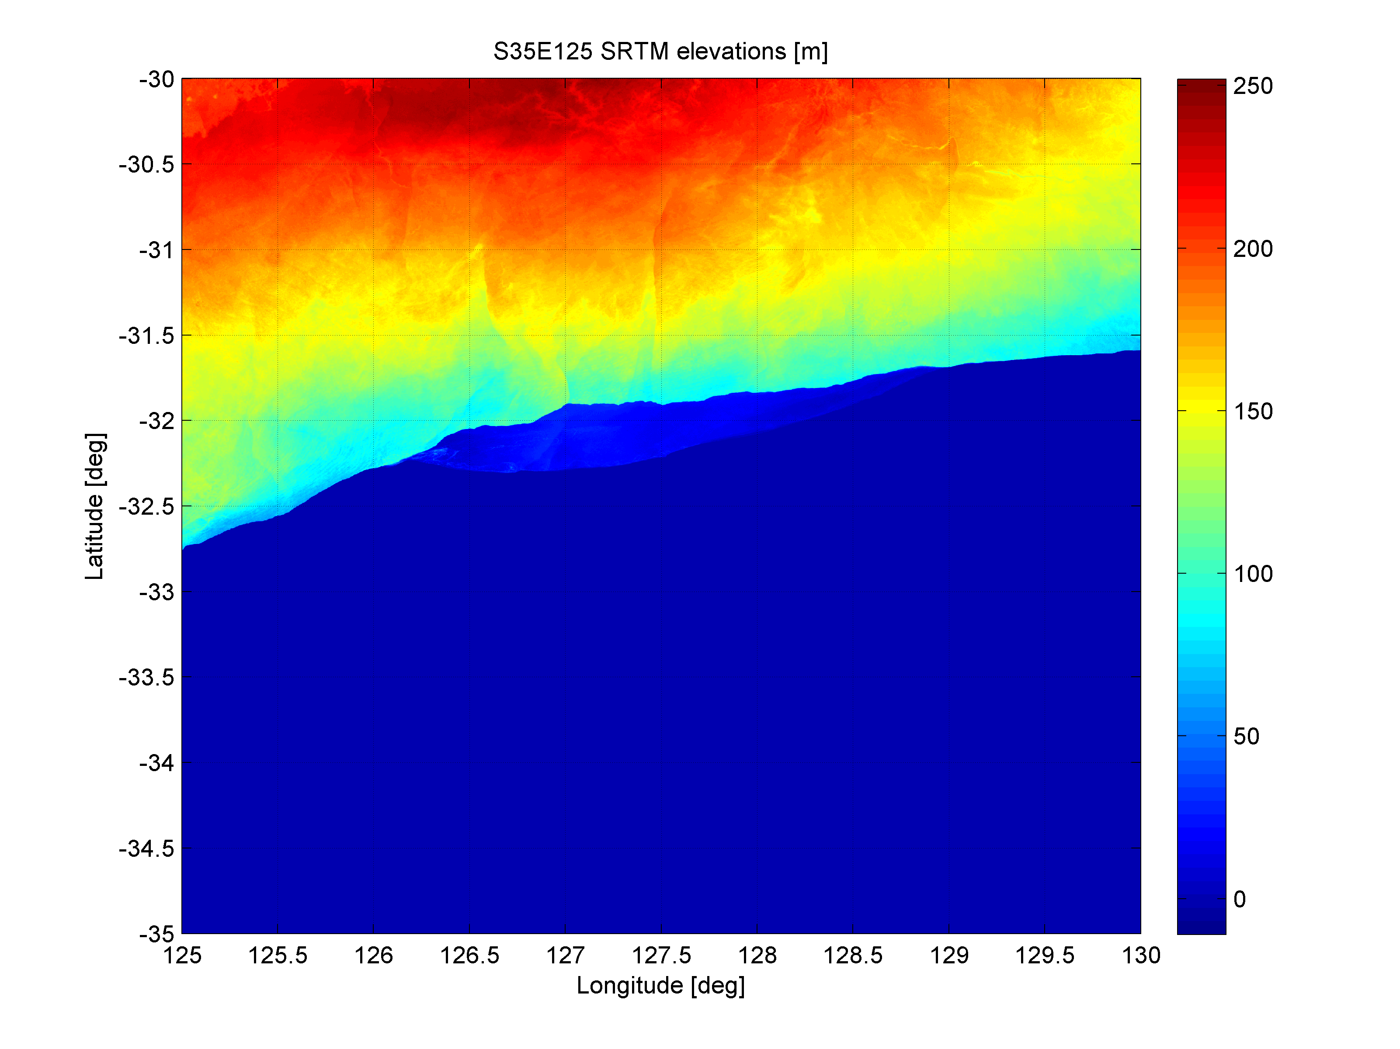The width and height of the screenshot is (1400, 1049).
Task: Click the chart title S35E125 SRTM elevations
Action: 660,51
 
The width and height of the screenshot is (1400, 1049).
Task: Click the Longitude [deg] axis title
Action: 660,985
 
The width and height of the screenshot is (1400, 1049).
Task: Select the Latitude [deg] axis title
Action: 95,506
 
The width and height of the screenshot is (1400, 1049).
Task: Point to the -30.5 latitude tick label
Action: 146,165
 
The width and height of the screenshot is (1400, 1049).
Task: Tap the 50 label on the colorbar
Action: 1246,737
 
